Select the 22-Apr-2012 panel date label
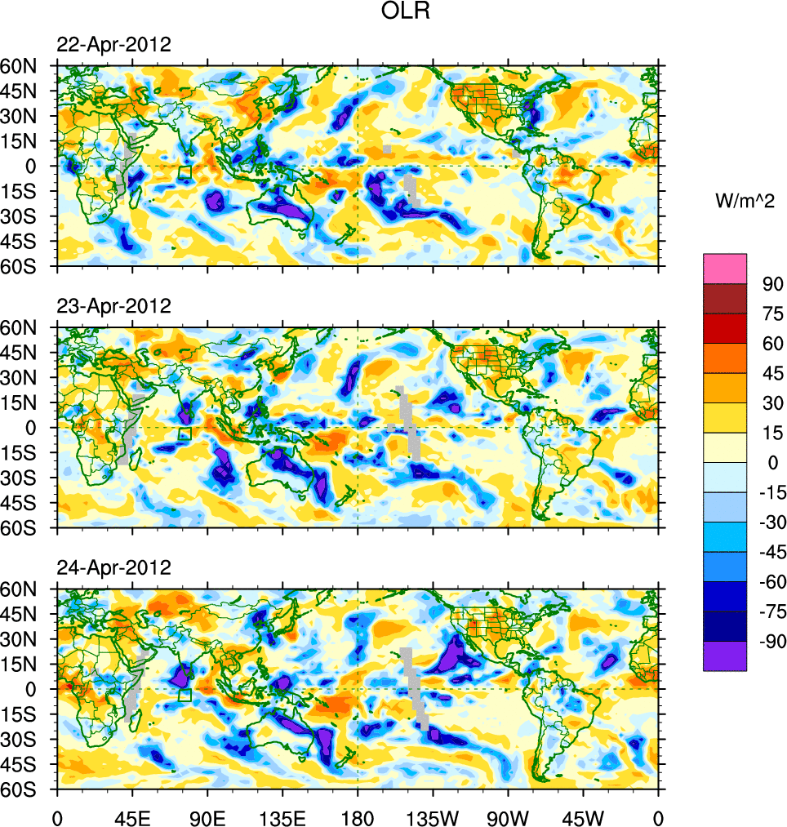113,45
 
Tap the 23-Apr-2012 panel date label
113,306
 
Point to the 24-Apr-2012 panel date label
113,567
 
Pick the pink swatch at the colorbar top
725,268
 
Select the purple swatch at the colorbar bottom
725,656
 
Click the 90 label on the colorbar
771,284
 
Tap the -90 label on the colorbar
768,642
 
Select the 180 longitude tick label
358,816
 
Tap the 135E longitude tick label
282,816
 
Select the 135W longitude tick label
433,816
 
